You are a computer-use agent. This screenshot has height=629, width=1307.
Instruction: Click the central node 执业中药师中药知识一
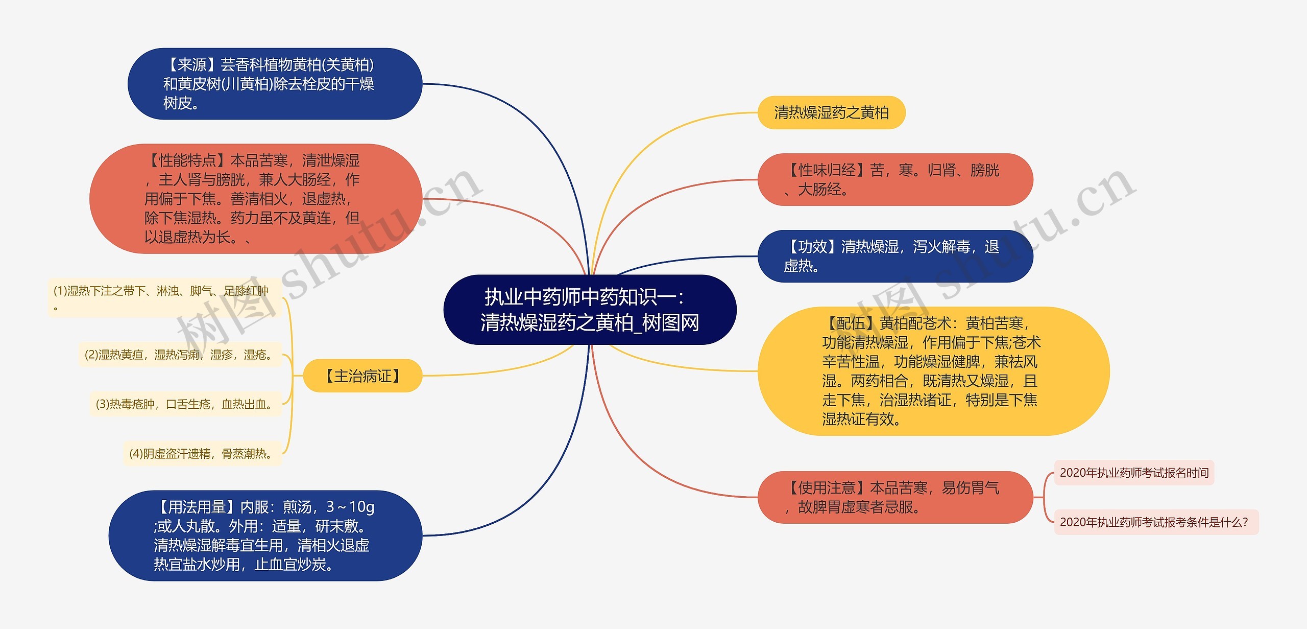[590, 310]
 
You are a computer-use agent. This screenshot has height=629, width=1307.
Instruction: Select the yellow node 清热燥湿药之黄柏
[831, 112]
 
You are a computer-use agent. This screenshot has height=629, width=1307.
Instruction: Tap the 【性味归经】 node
[894, 179]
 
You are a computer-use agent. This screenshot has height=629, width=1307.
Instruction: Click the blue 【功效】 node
[894, 256]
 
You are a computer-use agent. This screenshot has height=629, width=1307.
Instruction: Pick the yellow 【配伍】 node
[933, 371]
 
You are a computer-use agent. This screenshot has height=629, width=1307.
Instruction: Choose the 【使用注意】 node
[894, 497]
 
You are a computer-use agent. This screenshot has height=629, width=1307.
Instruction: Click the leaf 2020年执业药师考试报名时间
[1134, 473]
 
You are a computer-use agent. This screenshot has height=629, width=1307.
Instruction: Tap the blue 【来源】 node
[275, 84]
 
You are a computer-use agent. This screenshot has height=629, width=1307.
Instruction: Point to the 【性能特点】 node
[255, 198]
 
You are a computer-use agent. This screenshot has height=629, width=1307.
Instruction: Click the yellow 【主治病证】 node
[362, 376]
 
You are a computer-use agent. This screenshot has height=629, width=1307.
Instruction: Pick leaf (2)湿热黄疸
[180, 355]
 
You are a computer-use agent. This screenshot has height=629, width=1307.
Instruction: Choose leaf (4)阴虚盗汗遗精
[202, 454]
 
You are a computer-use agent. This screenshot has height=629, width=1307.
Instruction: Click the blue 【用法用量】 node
[265, 535]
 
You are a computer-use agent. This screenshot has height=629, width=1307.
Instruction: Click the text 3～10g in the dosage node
[350, 507]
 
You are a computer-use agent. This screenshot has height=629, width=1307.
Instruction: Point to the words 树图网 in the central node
[670, 323]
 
